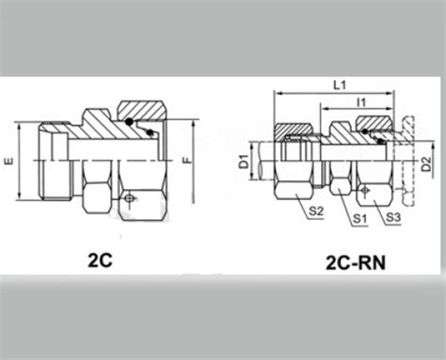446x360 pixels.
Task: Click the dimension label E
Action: pos(9,162)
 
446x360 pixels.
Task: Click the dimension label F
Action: pos(187,161)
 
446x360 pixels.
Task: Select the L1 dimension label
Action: pos(340,86)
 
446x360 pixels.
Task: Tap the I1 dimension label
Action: pos(361,102)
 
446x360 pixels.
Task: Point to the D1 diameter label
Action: pos(244,162)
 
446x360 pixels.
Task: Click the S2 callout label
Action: pos(316,211)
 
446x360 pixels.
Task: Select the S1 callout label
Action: pos(360,218)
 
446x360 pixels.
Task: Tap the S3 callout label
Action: pos(393,217)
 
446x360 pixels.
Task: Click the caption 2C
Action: pos(100,260)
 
